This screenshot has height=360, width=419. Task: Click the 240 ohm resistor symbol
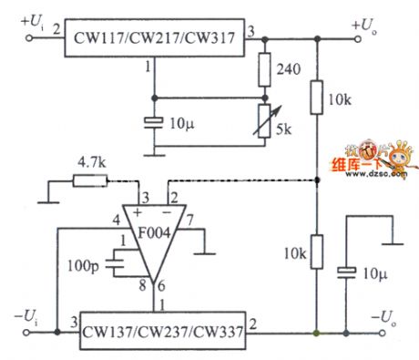pyautogui.click(x=265, y=68)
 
